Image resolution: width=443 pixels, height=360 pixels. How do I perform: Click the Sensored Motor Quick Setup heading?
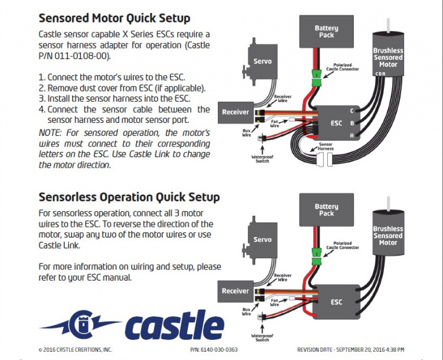(114, 18)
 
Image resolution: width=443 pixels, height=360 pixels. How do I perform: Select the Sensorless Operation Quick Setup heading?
(129, 197)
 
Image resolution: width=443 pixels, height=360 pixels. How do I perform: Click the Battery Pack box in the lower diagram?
(326, 210)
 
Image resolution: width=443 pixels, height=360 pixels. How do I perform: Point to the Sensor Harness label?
(325, 146)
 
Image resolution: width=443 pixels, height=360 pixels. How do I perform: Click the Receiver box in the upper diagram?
(235, 112)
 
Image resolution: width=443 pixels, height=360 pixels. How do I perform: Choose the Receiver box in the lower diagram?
(235, 291)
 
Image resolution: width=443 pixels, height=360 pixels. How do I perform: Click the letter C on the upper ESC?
(352, 111)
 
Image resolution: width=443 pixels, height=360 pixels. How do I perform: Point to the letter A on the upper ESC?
(352, 135)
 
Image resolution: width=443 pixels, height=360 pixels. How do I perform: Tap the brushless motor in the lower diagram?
(387, 236)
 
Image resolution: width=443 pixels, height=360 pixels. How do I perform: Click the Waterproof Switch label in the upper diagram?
(262, 159)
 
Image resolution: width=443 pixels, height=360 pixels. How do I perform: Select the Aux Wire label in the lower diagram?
(246, 312)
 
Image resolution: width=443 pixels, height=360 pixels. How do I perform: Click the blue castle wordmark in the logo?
(174, 325)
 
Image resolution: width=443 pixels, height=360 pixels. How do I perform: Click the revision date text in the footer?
(346, 350)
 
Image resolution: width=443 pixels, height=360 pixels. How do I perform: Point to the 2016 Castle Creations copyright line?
(75, 350)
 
